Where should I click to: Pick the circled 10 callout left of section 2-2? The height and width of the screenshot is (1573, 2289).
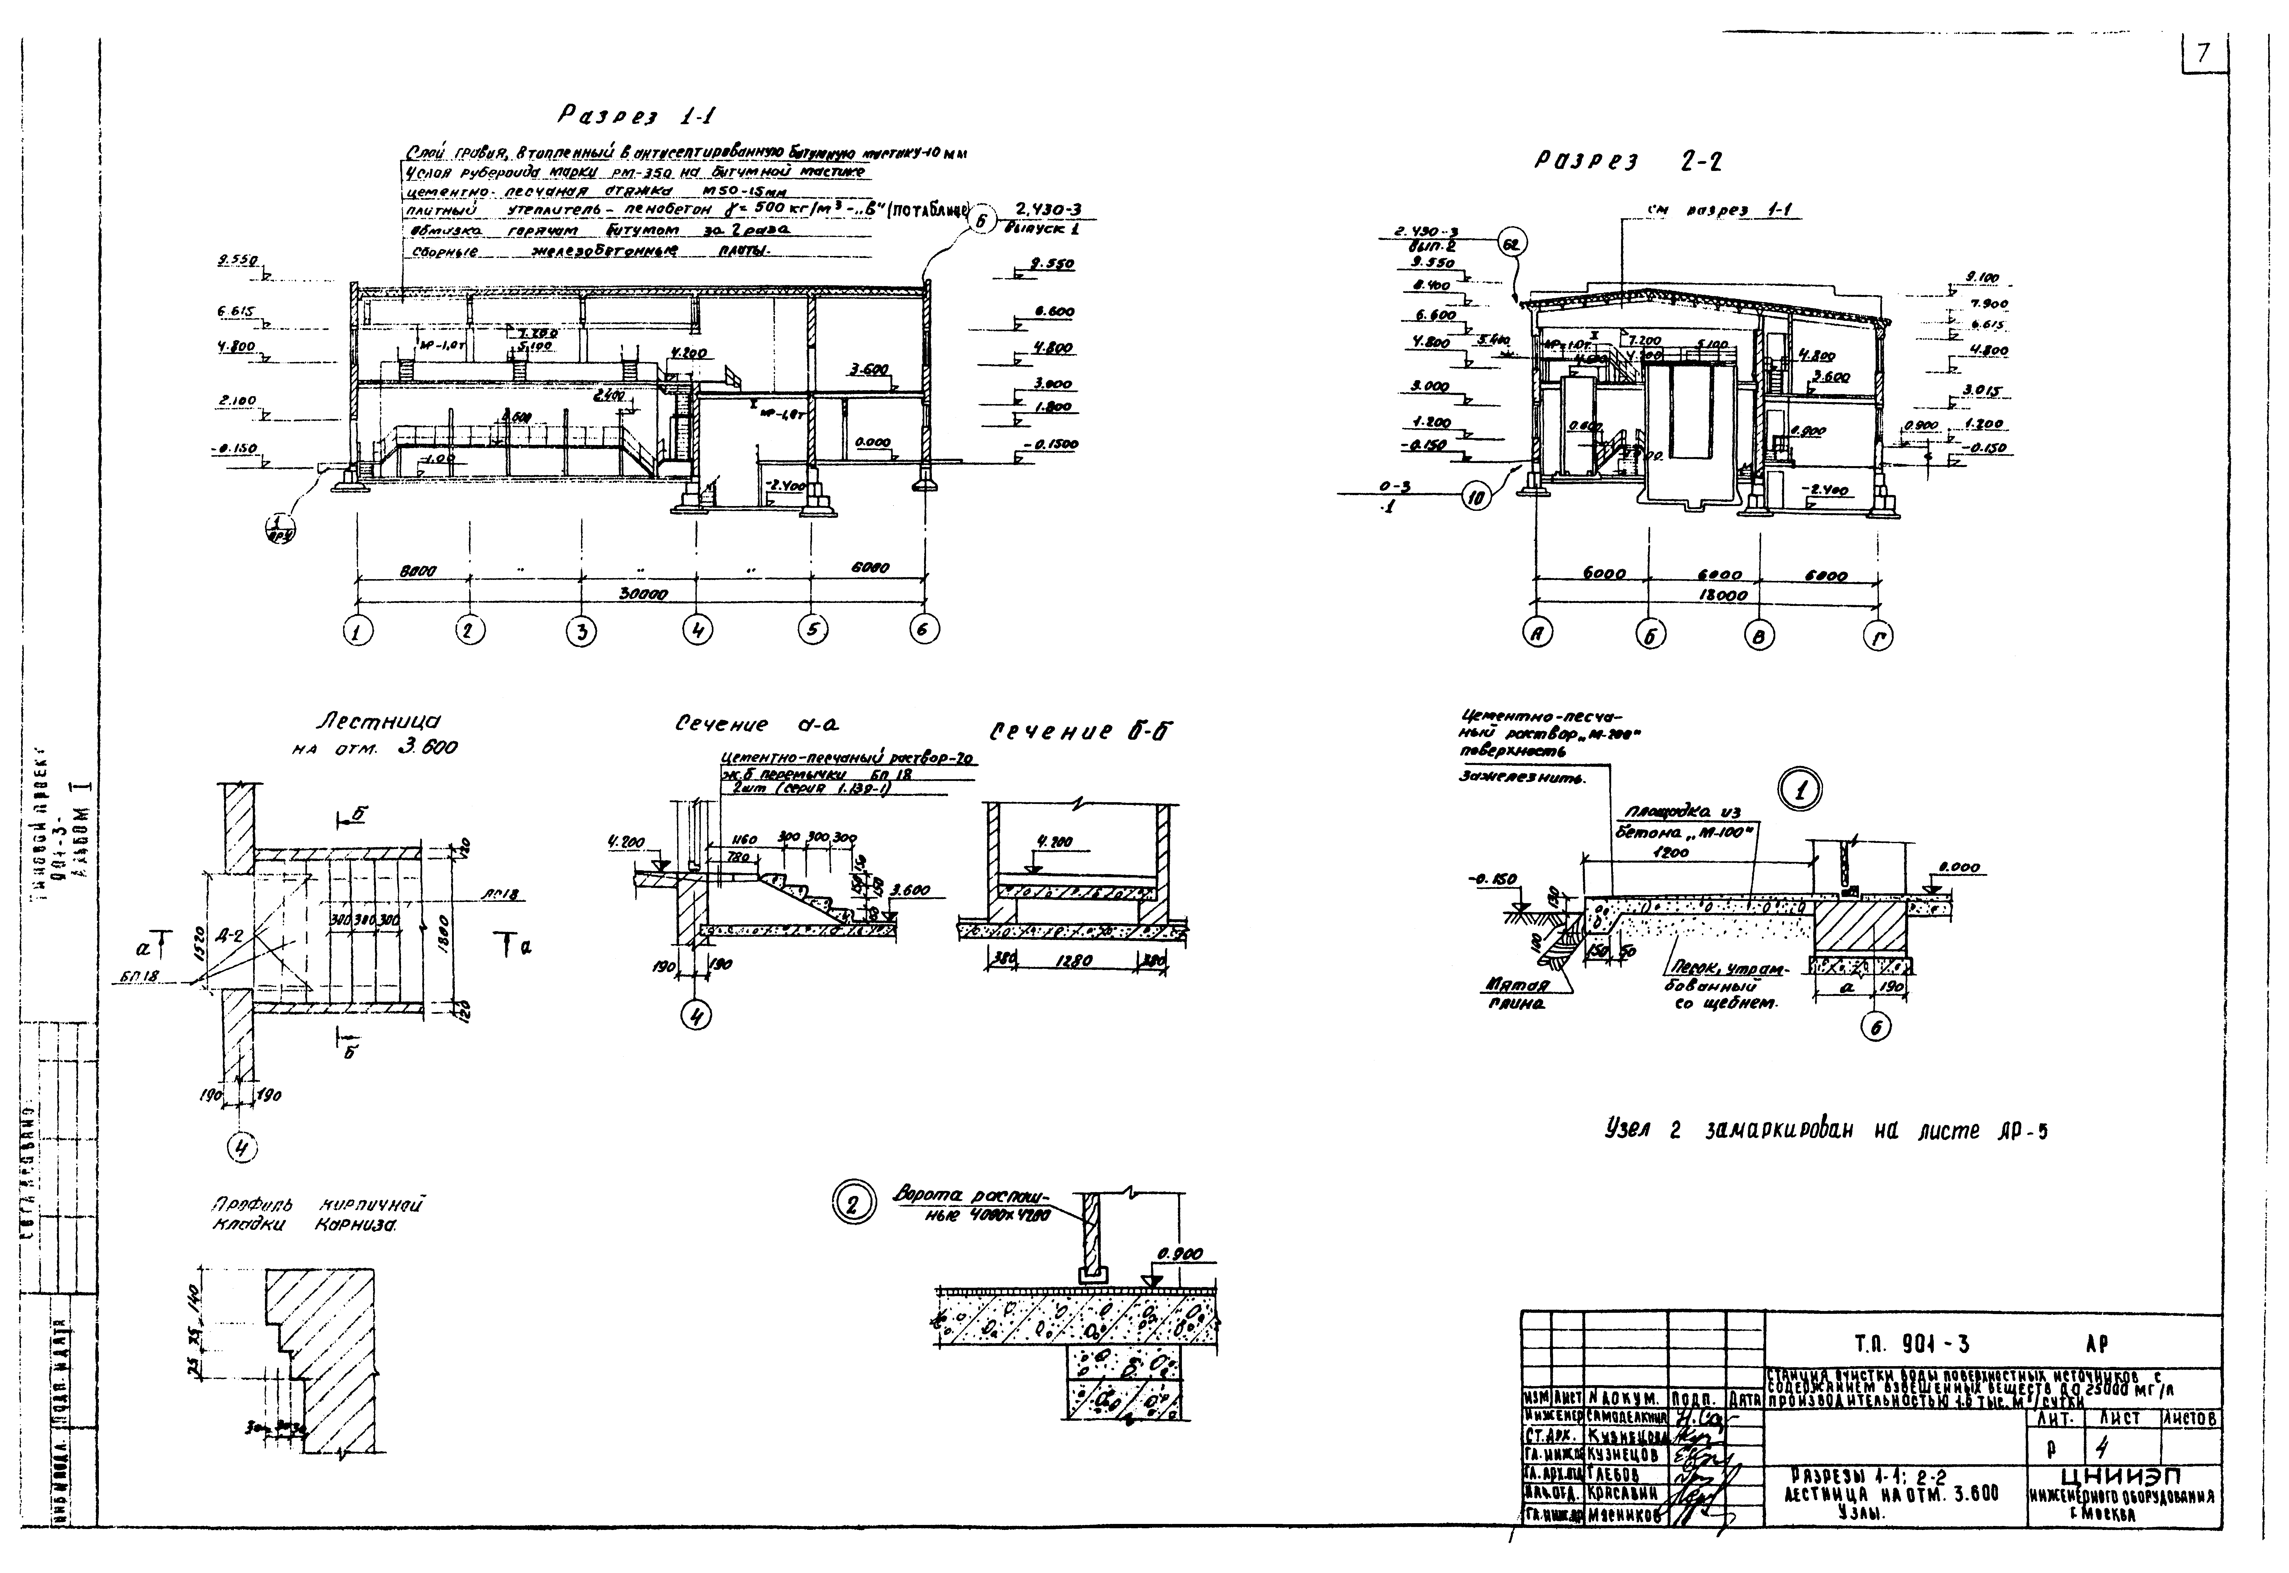(1475, 500)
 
